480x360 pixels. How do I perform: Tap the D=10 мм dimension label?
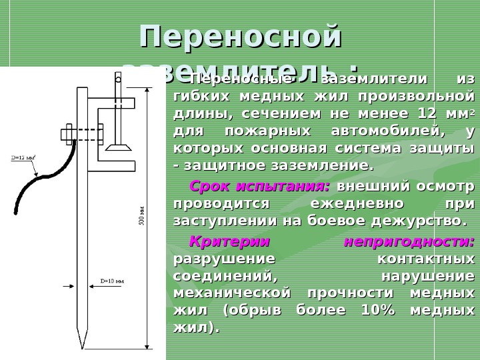[112, 281]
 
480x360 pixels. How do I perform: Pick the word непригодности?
[409, 241]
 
